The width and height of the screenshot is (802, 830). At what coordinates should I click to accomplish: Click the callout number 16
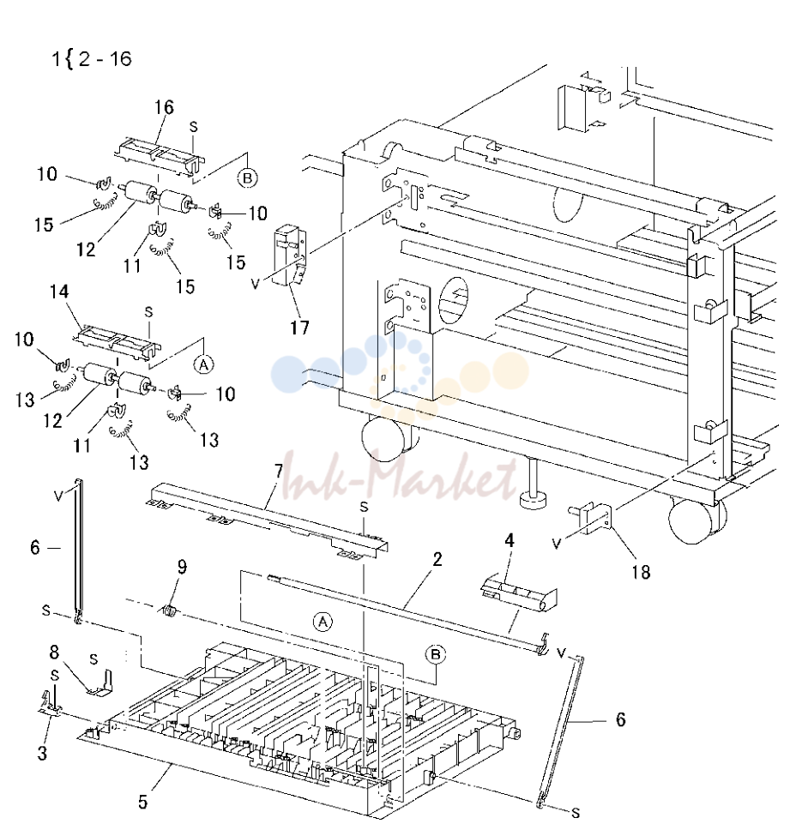tap(164, 107)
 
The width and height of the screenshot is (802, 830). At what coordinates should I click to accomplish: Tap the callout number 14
tap(59, 292)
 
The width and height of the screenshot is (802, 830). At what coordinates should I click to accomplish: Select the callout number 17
tap(299, 328)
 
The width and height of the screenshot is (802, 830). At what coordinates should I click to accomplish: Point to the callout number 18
tap(641, 572)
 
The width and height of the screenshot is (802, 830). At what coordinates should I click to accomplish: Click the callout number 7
tap(279, 471)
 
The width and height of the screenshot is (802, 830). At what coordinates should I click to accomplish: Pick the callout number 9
tap(182, 568)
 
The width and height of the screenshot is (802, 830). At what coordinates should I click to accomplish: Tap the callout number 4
tap(510, 540)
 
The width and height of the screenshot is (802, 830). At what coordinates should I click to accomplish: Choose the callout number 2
tap(437, 560)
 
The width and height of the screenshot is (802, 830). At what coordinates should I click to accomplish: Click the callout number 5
tap(143, 802)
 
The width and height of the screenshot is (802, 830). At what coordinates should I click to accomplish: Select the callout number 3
tap(42, 753)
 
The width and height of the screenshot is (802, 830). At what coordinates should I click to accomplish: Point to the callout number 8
tap(54, 653)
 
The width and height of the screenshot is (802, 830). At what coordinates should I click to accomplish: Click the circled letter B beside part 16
tap(247, 178)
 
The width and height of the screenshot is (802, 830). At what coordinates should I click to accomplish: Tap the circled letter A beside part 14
tap(204, 364)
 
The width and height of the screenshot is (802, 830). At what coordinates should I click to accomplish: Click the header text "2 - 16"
tap(105, 58)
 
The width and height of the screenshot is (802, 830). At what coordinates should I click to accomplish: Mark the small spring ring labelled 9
tap(169, 610)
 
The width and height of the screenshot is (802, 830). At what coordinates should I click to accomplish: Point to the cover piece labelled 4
tap(519, 593)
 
